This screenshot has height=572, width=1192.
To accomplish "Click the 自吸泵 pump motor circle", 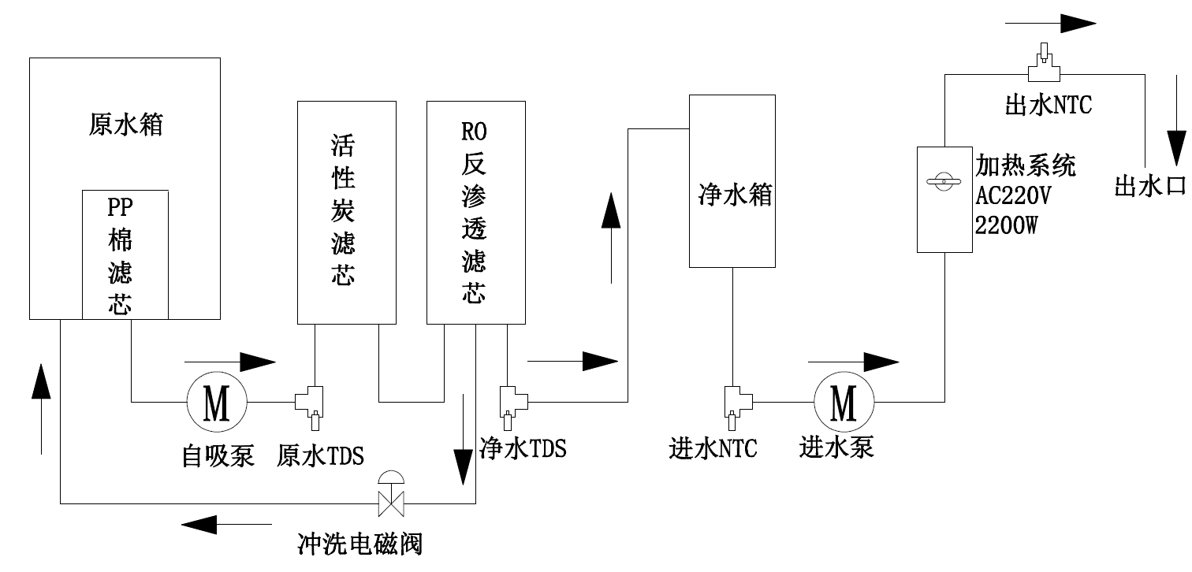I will tap(217, 403).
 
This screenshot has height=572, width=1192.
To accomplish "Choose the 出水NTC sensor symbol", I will tap(1044, 68).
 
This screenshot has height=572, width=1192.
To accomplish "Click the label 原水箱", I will tap(125, 124).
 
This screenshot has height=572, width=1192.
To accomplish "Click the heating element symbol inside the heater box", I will tap(944, 183).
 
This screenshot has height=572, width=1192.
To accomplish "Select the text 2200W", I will tap(1006, 225).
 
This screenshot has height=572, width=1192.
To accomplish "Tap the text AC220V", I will tap(1013, 195).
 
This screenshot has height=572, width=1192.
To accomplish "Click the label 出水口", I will tap(1149, 187).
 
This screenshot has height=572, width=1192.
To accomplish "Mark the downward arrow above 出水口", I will tap(1176, 135).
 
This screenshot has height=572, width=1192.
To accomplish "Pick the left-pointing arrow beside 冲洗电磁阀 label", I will tap(226, 522).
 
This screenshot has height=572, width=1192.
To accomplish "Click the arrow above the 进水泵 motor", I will tap(853, 362).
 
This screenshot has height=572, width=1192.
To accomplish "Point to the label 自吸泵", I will tap(218, 455).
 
